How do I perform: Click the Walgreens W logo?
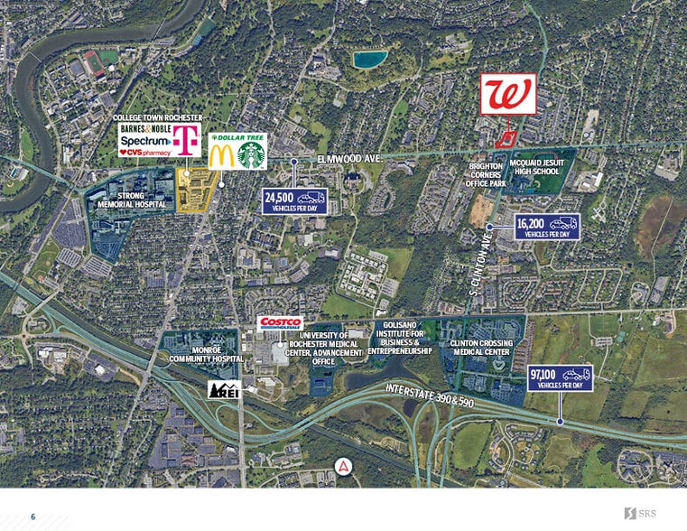[507, 94]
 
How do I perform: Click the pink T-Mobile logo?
[187, 140]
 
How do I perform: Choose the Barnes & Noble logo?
[145, 129]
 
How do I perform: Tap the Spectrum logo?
[144, 141]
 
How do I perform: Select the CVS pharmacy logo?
[145, 153]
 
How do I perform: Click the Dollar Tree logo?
[238, 137]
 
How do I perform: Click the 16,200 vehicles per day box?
[547, 226]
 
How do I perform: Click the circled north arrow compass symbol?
[343, 467]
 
